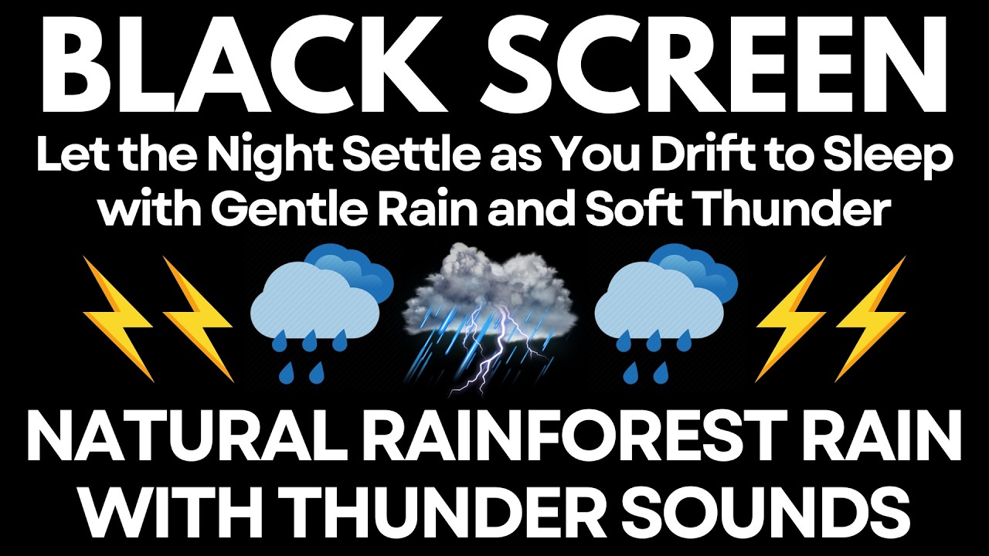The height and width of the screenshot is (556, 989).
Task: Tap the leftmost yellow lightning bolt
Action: click(121, 318)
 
